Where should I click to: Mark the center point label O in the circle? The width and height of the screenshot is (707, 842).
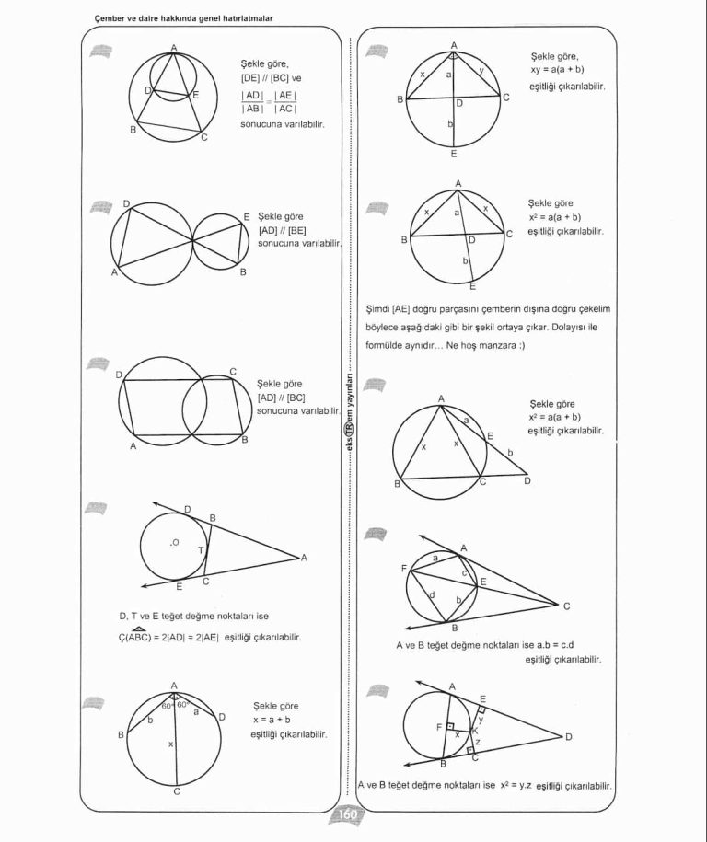tap(173, 542)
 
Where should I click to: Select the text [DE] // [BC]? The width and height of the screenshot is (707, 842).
tap(264, 78)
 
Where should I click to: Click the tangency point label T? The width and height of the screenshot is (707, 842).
tap(200, 549)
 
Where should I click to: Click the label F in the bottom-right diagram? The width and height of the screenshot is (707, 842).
tap(439, 727)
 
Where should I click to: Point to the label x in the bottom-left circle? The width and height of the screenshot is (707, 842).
tap(170, 744)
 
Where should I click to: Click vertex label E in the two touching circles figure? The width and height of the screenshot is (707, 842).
tap(247, 217)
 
